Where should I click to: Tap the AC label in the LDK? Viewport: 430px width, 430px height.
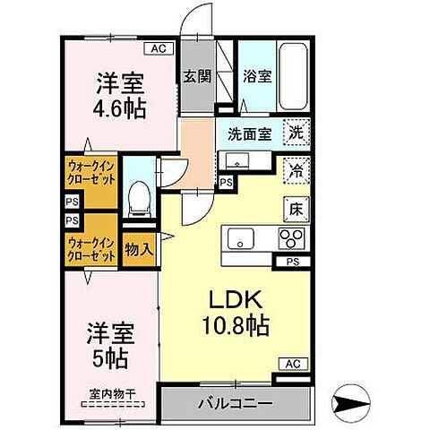coord(293,363)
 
